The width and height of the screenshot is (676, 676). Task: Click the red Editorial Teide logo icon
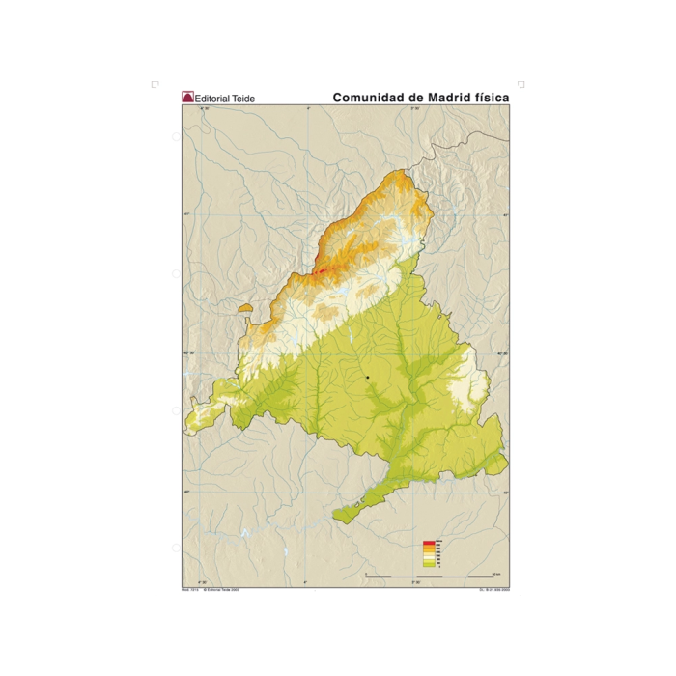pyautogui.click(x=187, y=98)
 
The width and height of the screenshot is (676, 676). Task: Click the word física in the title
pyautogui.click(x=490, y=98)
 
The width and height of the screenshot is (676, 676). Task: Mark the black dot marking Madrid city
pyautogui.click(x=368, y=377)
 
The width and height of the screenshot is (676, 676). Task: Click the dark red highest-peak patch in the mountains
pyautogui.click(x=320, y=271)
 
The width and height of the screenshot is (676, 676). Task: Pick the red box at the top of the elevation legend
pyautogui.click(x=428, y=545)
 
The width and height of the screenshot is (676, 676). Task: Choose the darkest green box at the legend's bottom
pyautogui.click(x=428, y=565)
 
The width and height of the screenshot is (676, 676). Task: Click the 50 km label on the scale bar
pyautogui.click(x=494, y=573)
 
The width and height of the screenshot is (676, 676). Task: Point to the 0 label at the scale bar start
pyautogui.click(x=366, y=573)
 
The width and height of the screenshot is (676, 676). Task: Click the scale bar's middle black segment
pyautogui.click(x=430, y=577)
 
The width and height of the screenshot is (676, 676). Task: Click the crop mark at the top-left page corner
pyautogui.click(x=155, y=85)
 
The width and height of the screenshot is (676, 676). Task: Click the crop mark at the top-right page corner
pyautogui.click(x=521, y=85)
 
